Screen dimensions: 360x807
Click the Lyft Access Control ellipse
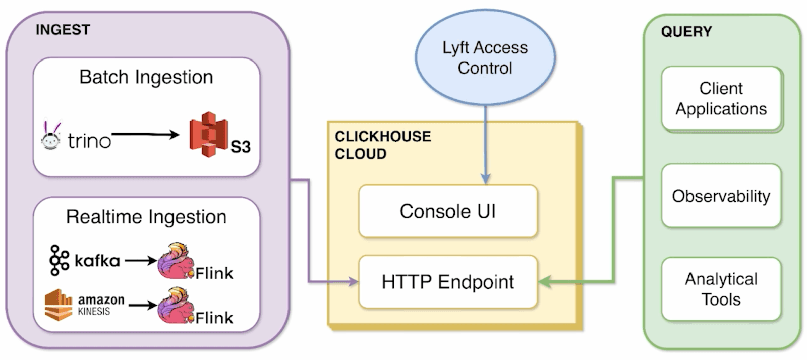pos(485,57)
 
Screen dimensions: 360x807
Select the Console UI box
pos(448,211)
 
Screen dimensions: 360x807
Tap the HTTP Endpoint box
pos(448,282)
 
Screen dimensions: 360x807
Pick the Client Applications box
pos(721,99)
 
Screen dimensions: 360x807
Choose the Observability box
pos(721,196)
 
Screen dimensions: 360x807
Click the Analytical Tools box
pos(721,289)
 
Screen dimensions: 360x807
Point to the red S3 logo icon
pos(208,135)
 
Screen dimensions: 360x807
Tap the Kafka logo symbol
pos(59,260)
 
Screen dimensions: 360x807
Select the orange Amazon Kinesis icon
pos(59,305)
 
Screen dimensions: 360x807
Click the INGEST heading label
pos(63,30)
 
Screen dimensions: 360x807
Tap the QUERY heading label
pos(686,32)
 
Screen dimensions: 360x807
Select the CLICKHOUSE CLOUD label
pos(383,145)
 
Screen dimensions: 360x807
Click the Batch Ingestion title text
pos(146,77)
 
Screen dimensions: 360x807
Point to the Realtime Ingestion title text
pos(146,217)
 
